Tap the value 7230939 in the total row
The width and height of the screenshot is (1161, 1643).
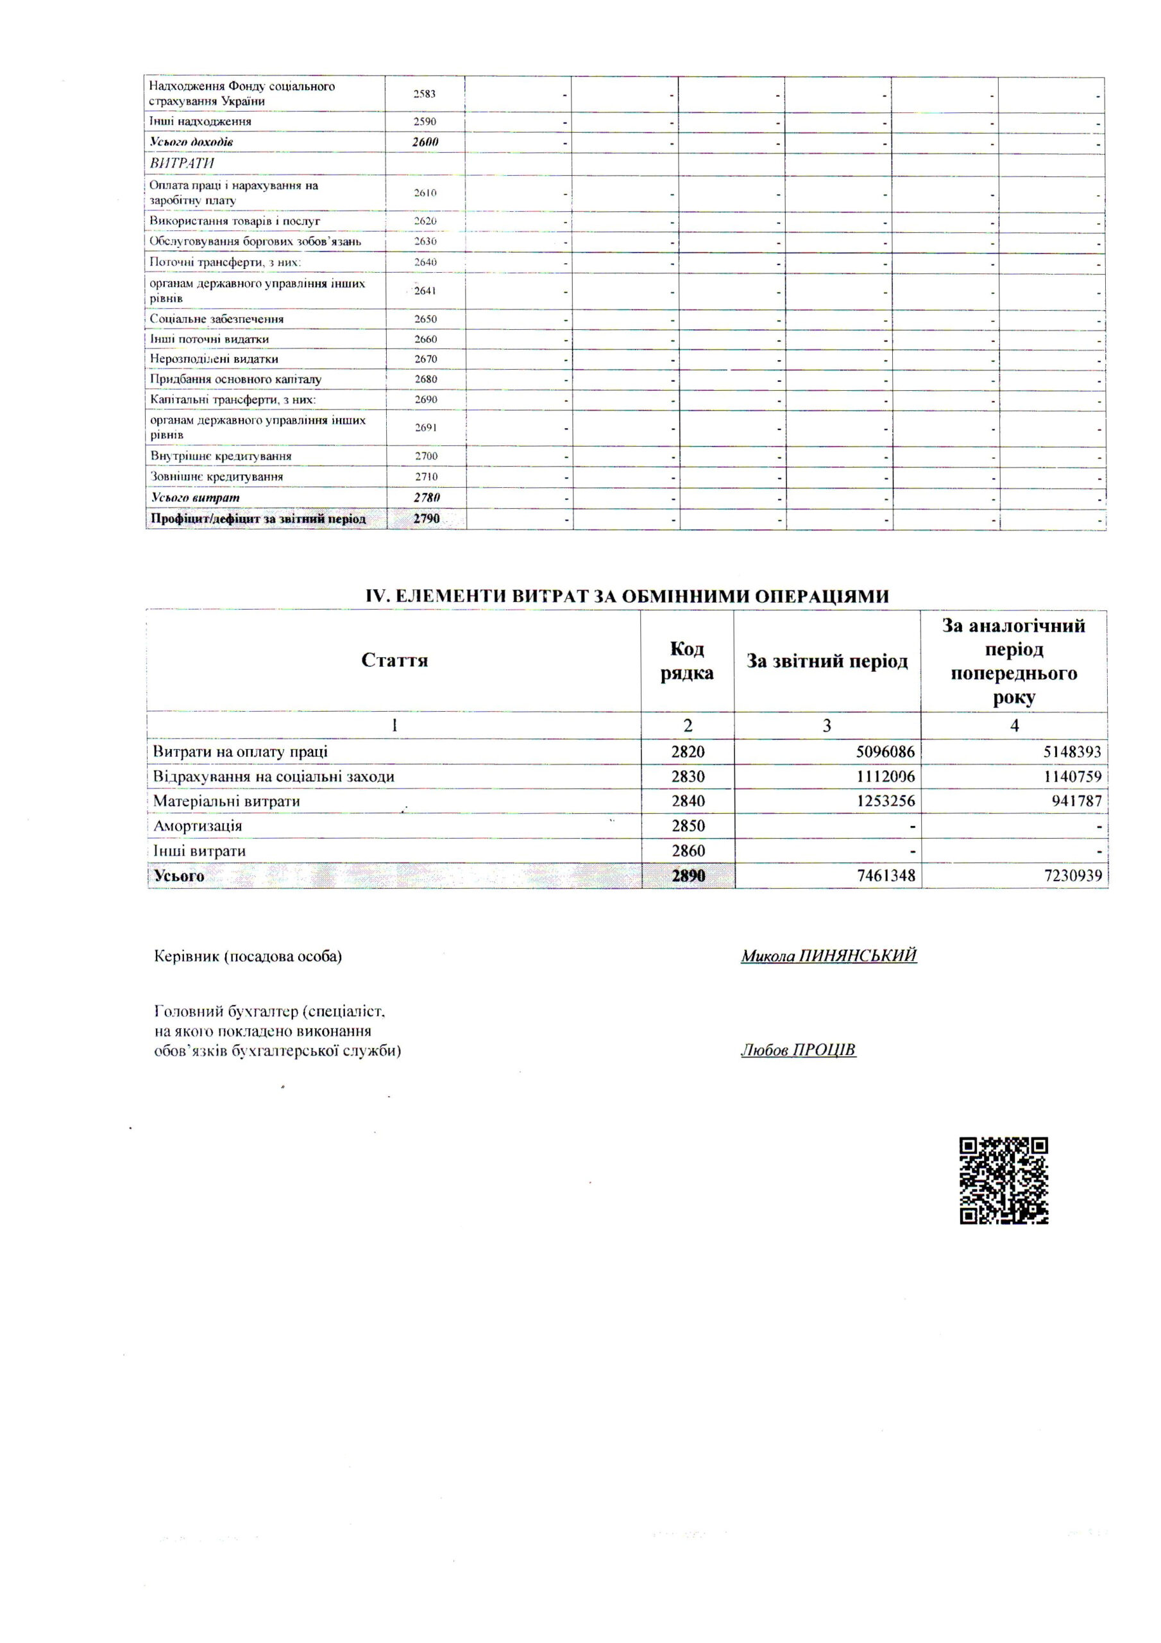pos(1072,875)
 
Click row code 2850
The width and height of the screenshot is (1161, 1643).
pos(688,826)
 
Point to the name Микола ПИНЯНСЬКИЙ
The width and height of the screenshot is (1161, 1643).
pos(828,956)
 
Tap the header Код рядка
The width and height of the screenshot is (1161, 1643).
pos(687,660)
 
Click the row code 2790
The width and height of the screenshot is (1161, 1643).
pos(427,518)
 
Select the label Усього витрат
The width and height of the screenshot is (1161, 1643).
pos(194,497)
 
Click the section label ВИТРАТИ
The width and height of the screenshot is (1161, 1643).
pos(182,163)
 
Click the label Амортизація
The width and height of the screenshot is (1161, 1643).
pos(198,826)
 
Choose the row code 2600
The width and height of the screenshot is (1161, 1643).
pos(425,142)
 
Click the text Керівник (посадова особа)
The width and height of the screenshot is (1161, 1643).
pos(248,956)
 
